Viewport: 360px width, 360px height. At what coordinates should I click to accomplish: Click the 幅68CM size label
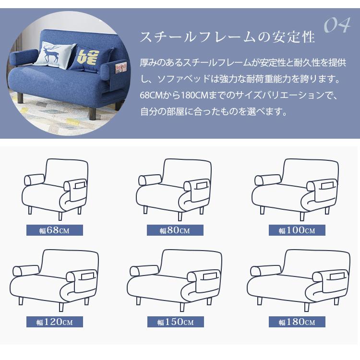pyautogui.click(x=54, y=230)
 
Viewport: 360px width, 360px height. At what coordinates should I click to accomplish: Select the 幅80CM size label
pyautogui.click(x=175, y=230)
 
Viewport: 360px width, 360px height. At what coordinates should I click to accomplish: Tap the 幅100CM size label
pyautogui.click(x=297, y=230)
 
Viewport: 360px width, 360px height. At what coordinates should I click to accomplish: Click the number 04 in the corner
pyautogui.click(x=337, y=25)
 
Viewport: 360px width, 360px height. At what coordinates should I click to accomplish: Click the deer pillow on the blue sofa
pyautogui.click(x=54, y=54)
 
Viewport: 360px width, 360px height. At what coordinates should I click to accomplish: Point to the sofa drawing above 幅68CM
pyautogui.click(x=56, y=187)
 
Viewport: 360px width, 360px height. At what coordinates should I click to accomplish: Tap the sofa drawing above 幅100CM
pyautogui.click(x=296, y=187)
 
